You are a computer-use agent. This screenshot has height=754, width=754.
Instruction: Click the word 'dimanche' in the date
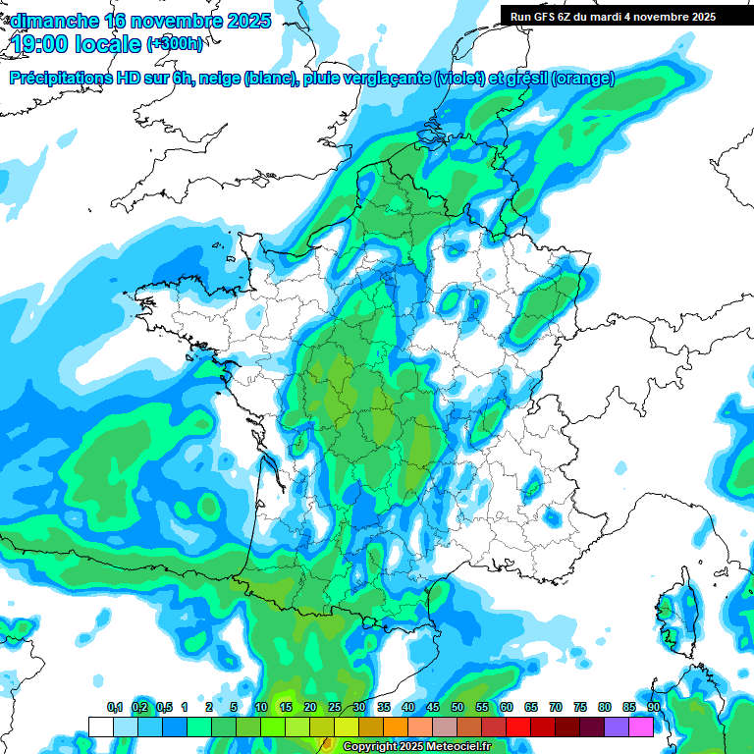(54, 22)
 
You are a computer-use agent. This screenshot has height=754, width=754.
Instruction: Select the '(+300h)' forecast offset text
(175, 45)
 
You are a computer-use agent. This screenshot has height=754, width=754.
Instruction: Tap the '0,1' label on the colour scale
(115, 708)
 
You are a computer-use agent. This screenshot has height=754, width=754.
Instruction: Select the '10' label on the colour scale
(261, 708)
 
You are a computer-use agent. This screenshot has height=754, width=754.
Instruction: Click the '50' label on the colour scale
(458, 708)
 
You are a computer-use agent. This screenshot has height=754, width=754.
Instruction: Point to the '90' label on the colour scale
(653, 708)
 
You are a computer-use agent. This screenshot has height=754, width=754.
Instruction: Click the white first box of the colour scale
(100, 727)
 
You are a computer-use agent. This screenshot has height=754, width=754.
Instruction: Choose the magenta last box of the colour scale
(641, 727)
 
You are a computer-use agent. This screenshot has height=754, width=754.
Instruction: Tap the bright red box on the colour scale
(518, 727)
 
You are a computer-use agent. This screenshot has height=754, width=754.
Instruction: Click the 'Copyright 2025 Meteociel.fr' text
(417, 747)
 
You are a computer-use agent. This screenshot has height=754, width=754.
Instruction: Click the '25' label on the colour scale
(335, 708)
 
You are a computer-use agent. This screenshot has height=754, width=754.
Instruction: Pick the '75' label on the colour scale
(580, 708)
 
